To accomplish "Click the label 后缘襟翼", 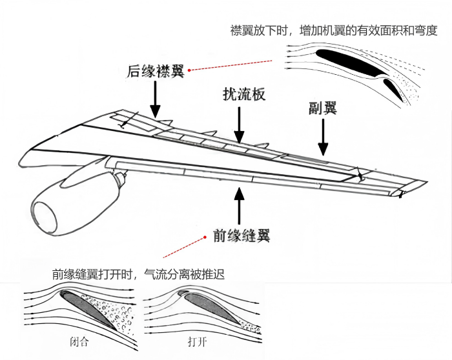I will (x=156, y=71).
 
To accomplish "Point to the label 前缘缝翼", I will (x=241, y=235).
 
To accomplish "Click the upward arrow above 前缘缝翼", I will (x=240, y=203).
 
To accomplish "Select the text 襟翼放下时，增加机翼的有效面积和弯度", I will (x=333, y=30).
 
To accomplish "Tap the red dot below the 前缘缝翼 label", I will (x=167, y=257).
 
